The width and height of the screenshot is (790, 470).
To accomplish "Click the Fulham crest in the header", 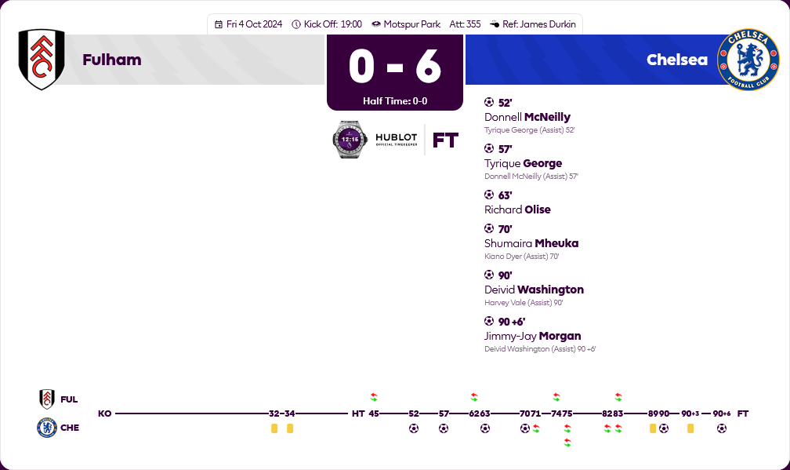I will point(42,60).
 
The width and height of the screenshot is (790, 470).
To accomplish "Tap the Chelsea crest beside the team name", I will point(748,60).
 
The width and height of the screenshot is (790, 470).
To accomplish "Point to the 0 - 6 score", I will point(395,66).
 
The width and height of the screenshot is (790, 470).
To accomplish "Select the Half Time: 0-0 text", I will point(395,101).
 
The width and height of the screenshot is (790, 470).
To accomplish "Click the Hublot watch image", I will point(349,140).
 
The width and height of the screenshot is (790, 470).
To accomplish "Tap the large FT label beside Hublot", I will point(445,140).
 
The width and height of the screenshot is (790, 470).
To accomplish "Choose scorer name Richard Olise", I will point(517,209).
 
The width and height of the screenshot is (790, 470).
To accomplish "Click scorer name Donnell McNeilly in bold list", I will point(527,117).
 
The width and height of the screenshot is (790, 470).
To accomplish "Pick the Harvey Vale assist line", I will point(524,302).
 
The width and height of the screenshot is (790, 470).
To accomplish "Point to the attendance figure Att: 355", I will point(465,24).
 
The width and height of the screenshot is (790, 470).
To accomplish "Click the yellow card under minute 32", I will point(274,428).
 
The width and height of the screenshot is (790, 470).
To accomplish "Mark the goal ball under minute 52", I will point(414,428).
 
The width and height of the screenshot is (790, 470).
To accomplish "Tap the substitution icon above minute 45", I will point(374,397).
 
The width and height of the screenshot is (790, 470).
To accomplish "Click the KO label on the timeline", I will point(104,414).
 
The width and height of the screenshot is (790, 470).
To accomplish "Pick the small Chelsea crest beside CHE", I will point(47,428).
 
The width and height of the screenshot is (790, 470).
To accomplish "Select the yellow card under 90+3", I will point(690,428).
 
